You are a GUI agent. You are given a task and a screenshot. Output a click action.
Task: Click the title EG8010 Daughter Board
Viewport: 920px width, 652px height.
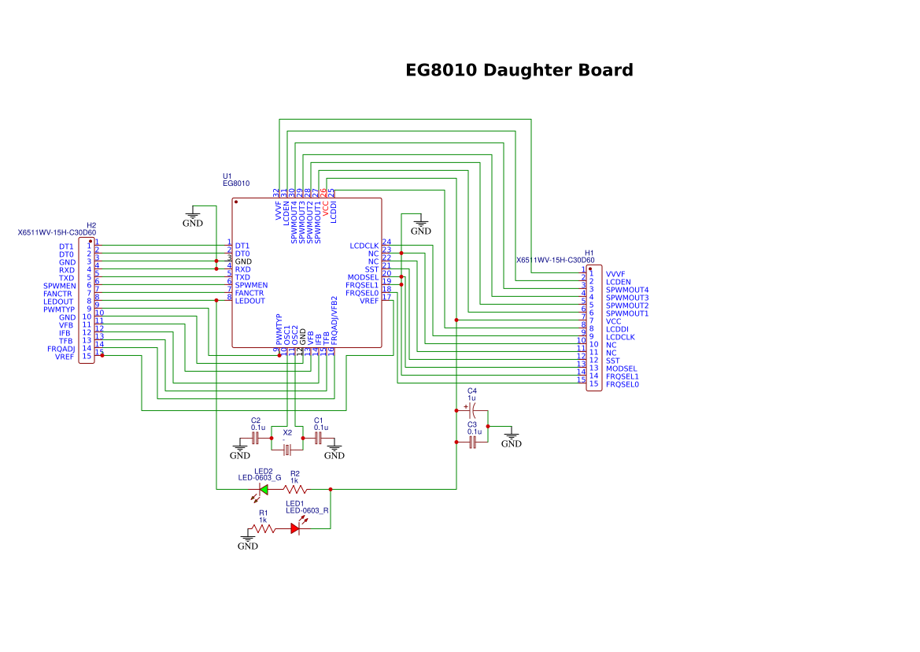[x=519, y=70]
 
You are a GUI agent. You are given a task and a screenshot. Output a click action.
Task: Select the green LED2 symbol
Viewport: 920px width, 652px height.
[x=263, y=489]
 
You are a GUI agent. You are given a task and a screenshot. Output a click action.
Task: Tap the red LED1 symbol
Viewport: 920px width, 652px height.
[x=295, y=528]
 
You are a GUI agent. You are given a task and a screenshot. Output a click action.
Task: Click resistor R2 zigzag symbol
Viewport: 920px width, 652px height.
[x=295, y=489]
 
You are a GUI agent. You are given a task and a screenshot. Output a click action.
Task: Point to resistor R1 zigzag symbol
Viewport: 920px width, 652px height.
[x=263, y=528]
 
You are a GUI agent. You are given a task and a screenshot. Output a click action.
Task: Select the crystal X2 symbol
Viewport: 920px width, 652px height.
[x=287, y=449]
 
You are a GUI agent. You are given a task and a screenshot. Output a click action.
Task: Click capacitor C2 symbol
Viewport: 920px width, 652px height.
[x=255, y=437]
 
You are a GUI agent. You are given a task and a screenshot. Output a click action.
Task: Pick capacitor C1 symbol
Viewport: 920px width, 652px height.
[x=319, y=437]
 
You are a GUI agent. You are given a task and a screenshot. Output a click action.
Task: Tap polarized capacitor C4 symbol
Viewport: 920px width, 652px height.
[x=472, y=410]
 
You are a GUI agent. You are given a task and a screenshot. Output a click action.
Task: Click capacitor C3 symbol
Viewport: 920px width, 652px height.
[x=472, y=443]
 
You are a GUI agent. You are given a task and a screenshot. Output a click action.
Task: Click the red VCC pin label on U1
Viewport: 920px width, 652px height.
[x=326, y=208]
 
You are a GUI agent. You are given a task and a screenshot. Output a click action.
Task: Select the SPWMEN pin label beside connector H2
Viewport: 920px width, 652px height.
[x=59, y=286]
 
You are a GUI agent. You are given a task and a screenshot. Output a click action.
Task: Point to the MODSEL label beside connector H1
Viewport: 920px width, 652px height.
[x=621, y=369]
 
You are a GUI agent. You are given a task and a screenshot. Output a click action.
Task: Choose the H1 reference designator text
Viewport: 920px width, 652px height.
[x=589, y=253]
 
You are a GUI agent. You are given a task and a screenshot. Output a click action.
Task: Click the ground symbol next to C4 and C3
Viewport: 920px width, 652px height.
[x=512, y=439]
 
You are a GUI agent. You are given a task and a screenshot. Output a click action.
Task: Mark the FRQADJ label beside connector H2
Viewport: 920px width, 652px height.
[x=61, y=349]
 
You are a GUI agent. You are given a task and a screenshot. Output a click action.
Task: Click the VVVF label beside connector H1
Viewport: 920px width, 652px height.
[x=615, y=274]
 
